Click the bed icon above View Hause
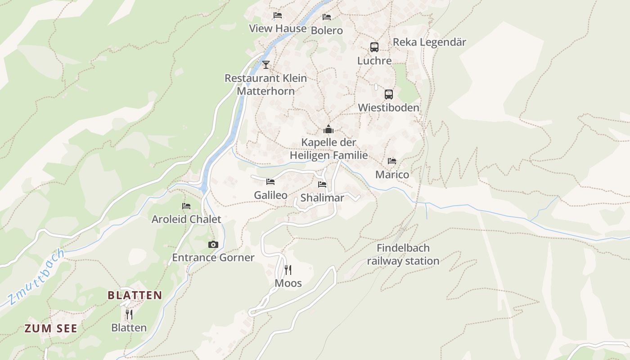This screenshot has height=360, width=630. [278, 15]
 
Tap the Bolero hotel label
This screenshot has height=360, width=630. [327, 31]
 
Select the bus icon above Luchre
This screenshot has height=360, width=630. [374, 47]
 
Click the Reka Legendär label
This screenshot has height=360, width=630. [429, 42]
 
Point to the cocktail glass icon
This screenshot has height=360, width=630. [266, 64]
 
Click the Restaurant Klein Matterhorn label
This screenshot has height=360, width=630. [265, 85]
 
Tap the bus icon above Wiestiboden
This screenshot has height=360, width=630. [389, 94]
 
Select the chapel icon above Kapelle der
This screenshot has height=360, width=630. [328, 130]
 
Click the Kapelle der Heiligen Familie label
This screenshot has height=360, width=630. [328, 149]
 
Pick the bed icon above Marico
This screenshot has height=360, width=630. [392, 161]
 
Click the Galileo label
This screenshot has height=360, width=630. [270, 195]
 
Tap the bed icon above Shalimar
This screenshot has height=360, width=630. [322, 184]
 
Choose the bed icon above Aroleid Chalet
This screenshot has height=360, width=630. [186, 206]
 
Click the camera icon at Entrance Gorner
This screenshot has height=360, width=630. [213, 245]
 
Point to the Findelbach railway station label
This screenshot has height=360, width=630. [403, 254]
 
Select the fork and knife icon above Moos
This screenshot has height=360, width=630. [288, 270]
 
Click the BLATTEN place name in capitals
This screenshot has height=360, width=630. [135, 296]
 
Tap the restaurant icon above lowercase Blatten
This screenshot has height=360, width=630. [129, 314]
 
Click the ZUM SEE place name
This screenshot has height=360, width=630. [51, 328]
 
